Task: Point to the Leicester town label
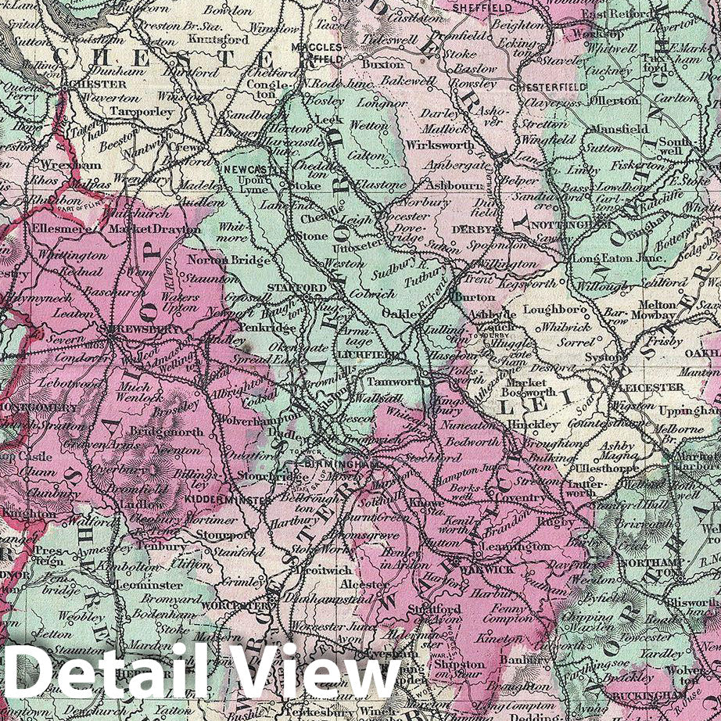click(644, 387)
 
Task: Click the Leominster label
click(149, 584)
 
